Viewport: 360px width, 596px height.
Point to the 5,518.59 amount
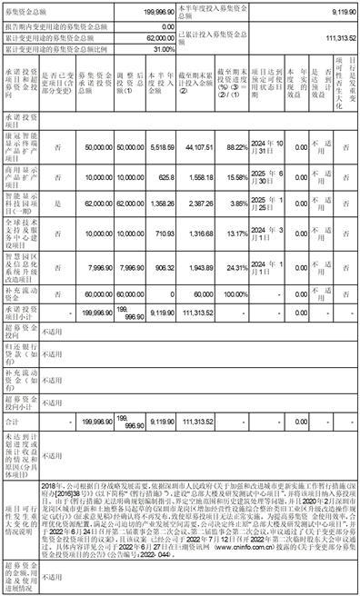[x=160, y=171]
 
